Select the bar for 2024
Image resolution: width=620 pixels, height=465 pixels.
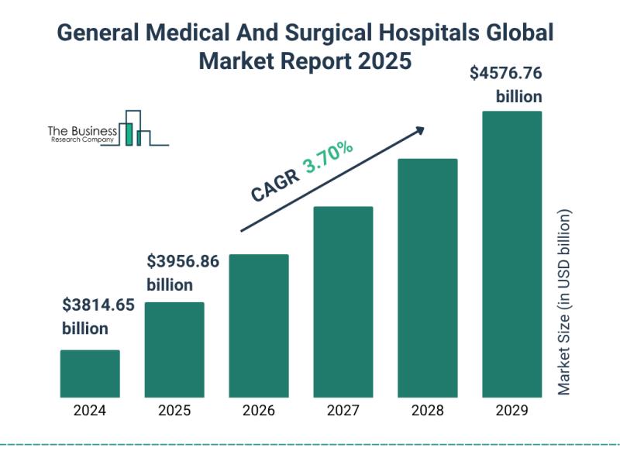click(x=90, y=373)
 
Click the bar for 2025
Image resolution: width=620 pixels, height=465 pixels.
click(x=174, y=349)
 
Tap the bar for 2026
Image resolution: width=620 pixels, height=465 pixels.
click(x=259, y=325)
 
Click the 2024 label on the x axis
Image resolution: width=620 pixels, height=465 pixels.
click(x=90, y=410)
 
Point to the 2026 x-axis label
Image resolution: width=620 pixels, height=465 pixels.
click(x=259, y=410)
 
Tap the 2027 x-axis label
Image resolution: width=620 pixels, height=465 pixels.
click(x=343, y=410)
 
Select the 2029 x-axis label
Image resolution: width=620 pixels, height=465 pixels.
click(x=512, y=410)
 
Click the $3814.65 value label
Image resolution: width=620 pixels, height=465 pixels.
click(x=98, y=305)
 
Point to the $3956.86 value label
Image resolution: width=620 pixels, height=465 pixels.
click(x=183, y=262)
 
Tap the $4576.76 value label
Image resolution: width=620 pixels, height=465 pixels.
click(x=506, y=74)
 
